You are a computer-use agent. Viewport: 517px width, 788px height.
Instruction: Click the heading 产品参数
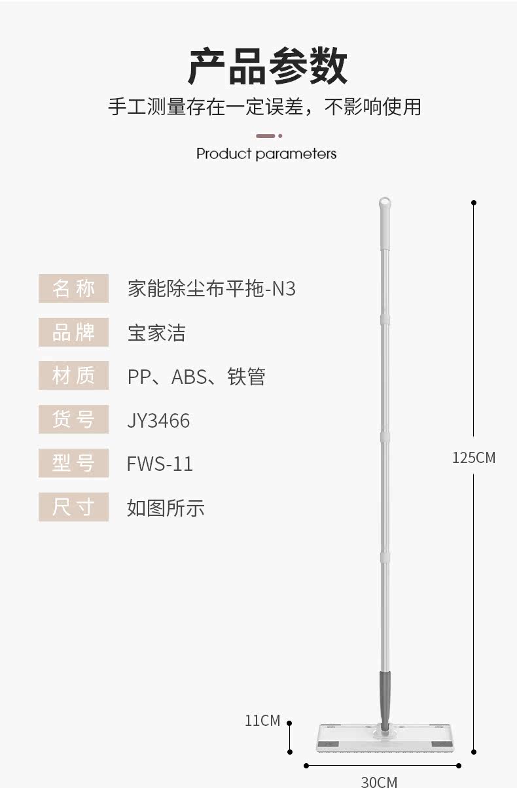click(x=267, y=67)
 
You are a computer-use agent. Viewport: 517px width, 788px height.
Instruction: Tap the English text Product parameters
click(x=266, y=154)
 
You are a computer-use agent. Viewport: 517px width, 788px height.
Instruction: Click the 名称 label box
click(x=73, y=288)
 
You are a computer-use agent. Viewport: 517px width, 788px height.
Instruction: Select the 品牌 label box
click(x=73, y=332)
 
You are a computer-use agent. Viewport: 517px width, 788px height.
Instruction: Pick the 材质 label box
click(x=73, y=376)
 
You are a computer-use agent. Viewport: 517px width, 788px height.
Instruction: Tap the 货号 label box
click(x=73, y=419)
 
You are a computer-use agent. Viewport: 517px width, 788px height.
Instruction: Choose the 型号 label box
click(x=73, y=463)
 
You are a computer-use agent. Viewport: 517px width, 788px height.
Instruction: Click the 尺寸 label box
click(x=73, y=507)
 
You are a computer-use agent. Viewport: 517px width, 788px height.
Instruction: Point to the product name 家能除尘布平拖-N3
click(x=211, y=288)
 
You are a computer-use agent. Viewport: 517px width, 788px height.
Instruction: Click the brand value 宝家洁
click(x=156, y=333)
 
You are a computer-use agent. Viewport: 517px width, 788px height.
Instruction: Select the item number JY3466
click(x=158, y=420)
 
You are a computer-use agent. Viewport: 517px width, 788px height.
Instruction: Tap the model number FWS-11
click(x=160, y=464)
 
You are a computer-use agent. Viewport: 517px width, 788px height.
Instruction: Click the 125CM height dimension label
click(x=474, y=458)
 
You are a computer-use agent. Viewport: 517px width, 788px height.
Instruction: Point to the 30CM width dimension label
click(x=379, y=781)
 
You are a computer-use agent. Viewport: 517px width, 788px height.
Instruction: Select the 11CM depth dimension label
click(x=262, y=721)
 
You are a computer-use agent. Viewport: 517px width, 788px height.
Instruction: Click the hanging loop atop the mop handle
click(x=385, y=203)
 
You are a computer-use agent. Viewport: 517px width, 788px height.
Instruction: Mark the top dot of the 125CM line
click(x=474, y=203)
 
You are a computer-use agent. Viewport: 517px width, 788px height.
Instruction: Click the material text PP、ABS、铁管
click(x=196, y=377)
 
